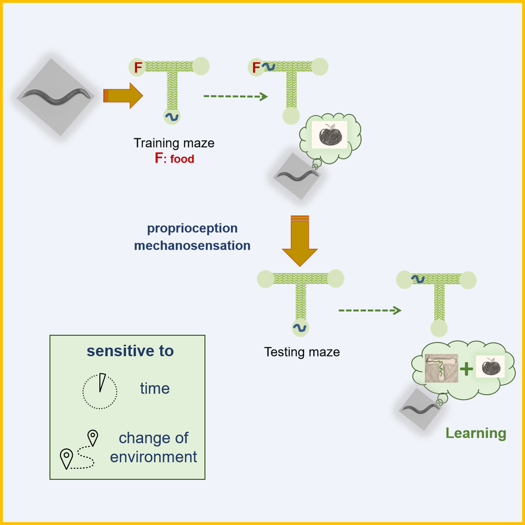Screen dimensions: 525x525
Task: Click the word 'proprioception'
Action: pyautogui.click(x=192, y=228)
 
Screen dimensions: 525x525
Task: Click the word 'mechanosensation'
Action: pyautogui.click(x=192, y=245)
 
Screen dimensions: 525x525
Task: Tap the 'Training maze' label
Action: pyautogui.click(x=174, y=143)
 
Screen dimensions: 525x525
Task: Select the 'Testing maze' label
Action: pyautogui.click(x=302, y=352)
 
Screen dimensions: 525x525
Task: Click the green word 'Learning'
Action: pyautogui.click(x=476, y=433)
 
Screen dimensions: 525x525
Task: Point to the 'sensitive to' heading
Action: pyautogui.click(x=130, y=351)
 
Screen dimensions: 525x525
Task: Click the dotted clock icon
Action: pyautogui.click(x=100, y=391)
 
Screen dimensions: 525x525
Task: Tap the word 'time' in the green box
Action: pyautogui.click(x=155, y=389)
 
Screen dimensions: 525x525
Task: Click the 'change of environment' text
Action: pyautogui.click(x=154, y=447)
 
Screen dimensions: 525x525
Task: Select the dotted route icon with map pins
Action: pyautogui.click(x=79, y=450)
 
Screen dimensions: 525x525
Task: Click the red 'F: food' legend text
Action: pyautogui.click(x=175, y=158)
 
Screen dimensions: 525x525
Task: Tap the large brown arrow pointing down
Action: pyautogui.click(x=300, y=240)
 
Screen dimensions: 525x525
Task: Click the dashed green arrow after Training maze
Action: pyautogui.click(x=236, y=97)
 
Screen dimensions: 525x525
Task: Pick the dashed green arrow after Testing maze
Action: pyautogui.click(x=370, y=311)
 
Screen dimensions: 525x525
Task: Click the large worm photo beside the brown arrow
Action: pyautogui.click(x=56, y=97)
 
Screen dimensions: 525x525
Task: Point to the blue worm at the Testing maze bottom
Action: pyautogui.click(x=300, y=327)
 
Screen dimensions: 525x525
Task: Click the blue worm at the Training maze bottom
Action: pyautogui.click(x=172, y=116)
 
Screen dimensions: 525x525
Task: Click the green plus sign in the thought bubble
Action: pyautogui.click(x=467, y=369)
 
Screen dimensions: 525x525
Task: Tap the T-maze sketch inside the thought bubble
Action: pyautogui.click(x=441, y=369)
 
